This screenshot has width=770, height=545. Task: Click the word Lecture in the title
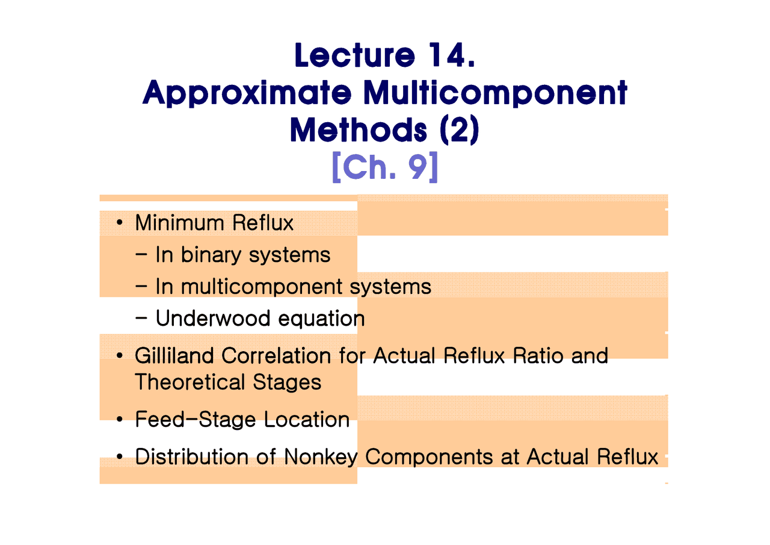[x=355, y=55]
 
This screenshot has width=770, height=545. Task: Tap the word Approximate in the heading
[x=247, y=93]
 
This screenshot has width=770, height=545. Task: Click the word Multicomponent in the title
[x=495, y=93]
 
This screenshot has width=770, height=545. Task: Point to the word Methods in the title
[x=358, y=129]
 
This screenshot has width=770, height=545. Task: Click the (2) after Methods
[x=460, y=129]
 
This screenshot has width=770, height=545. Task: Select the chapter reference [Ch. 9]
[x=385, y=167]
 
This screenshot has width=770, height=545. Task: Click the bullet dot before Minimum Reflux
[x=119, y=223]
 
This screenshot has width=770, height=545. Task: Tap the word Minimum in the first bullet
[x=179, y=223]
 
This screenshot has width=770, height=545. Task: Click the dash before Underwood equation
[x=141, y=318]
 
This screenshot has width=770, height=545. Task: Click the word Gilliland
[x=174, y=355]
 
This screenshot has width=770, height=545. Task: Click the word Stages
[x=287, y=382]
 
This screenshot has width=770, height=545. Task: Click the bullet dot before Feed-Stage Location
[x=119, y=419]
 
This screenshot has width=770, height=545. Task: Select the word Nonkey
[x=321, y=458]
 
